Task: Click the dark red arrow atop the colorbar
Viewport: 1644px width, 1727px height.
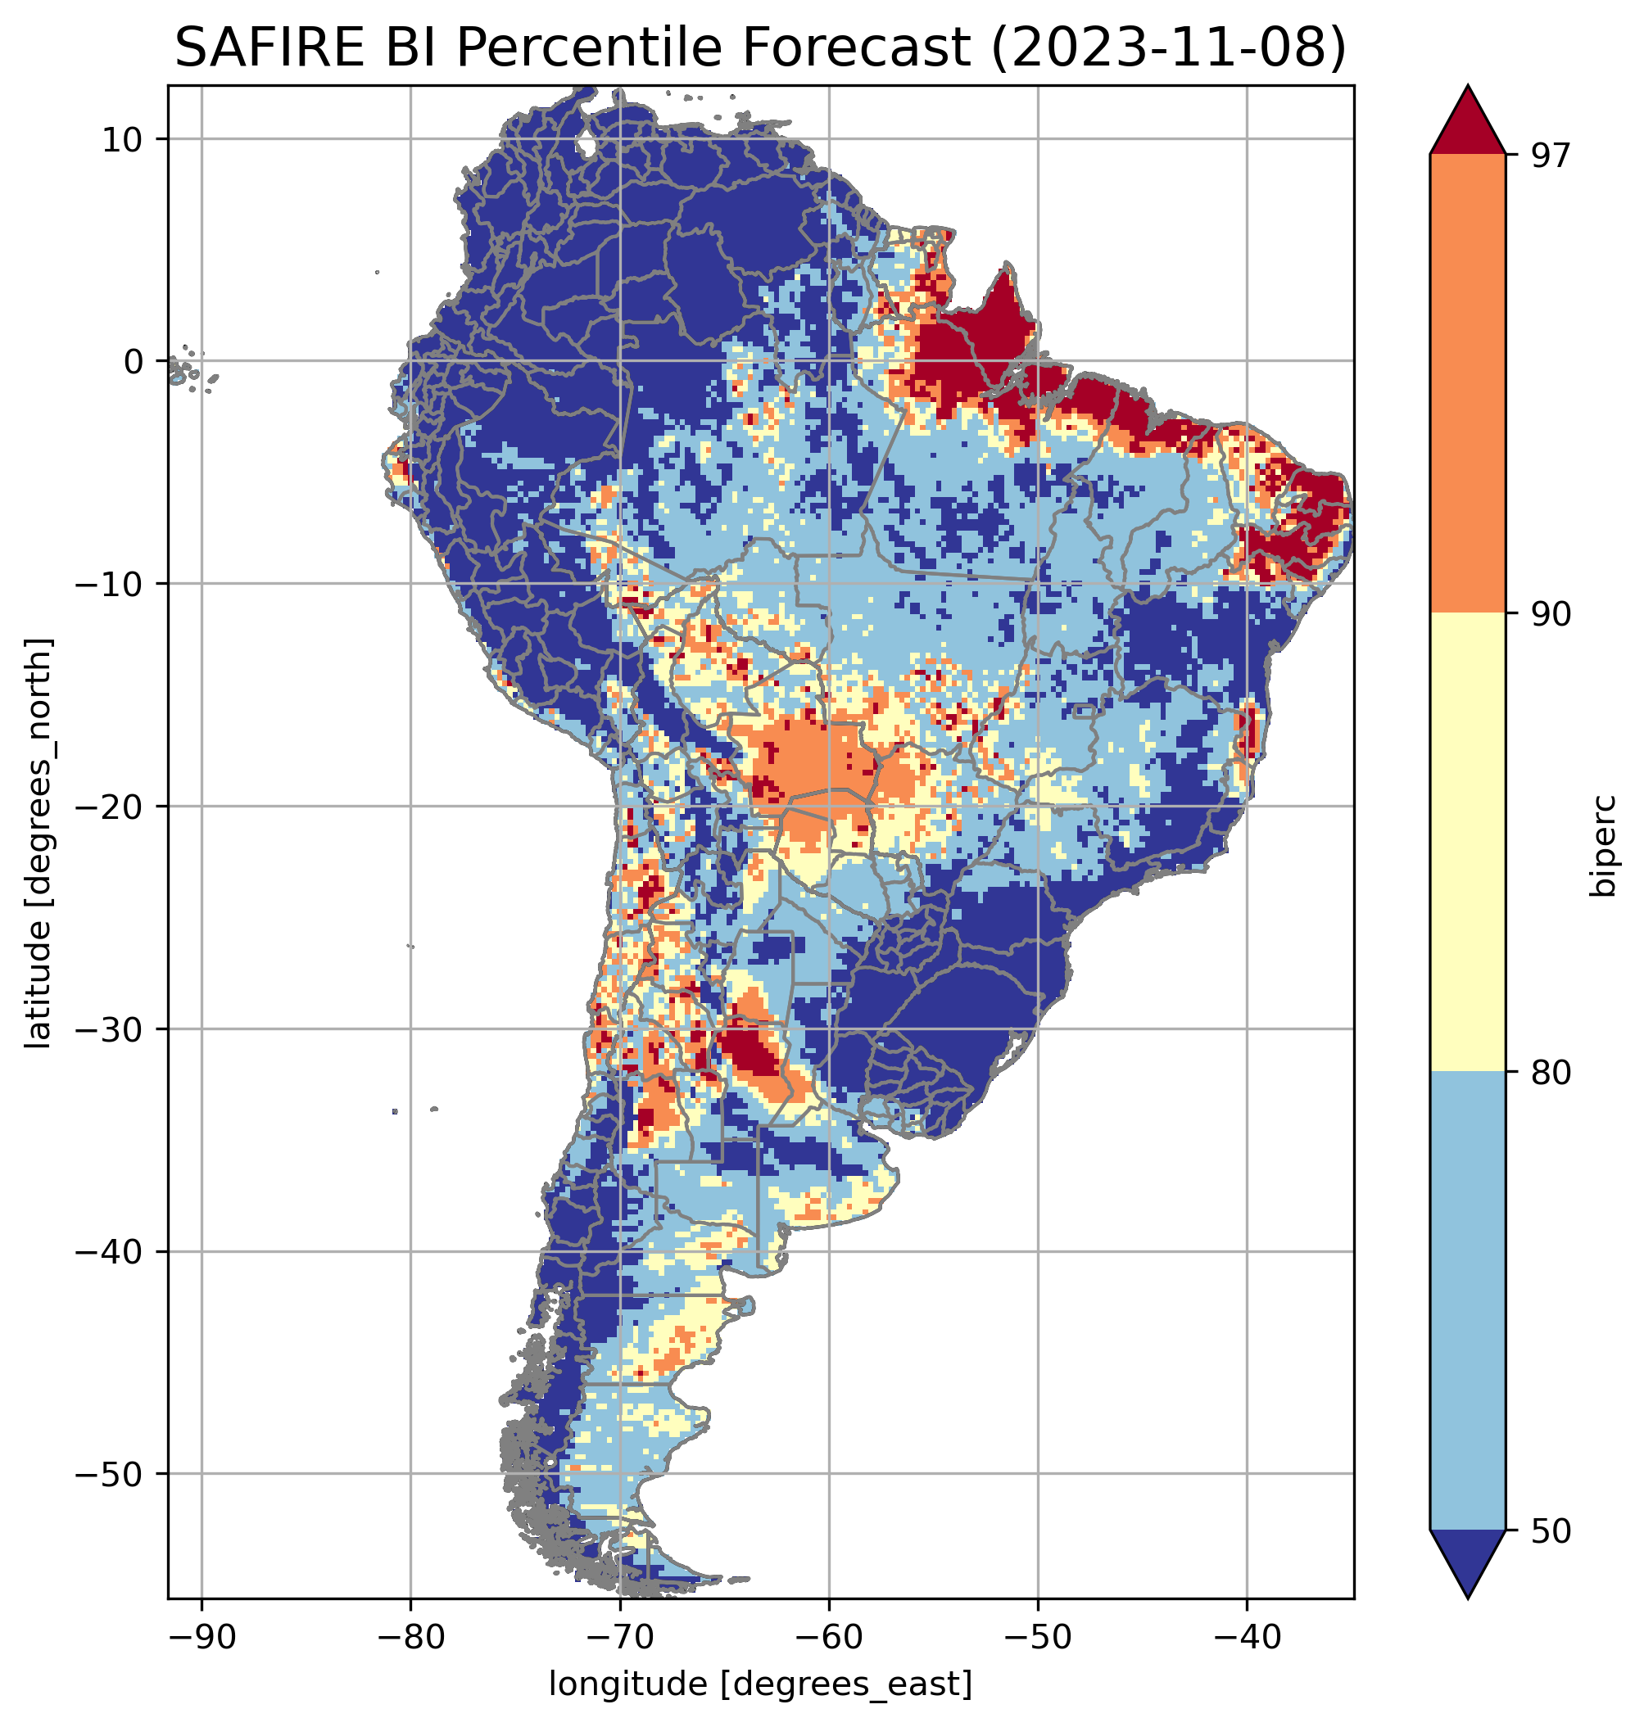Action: [1467, 123]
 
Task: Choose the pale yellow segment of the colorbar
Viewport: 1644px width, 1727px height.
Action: [1467, 841]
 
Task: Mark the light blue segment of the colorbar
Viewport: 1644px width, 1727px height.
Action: [1467, 1301]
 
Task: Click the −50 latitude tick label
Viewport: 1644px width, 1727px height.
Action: [111, 1474]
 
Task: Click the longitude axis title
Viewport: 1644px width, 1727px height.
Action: [760, 1683]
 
